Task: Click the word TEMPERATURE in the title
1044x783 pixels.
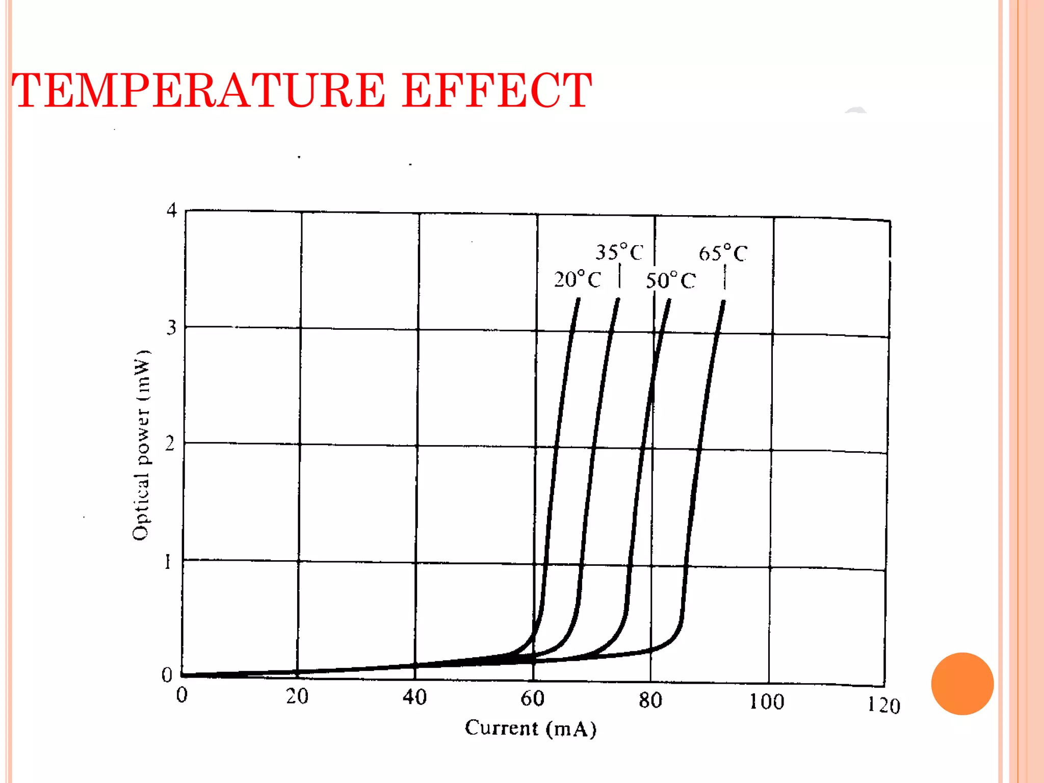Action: click(x=199, y=91)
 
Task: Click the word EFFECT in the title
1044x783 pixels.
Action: click(x=497, y=91)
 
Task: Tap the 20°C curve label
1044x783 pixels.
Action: click(x=578, y=279)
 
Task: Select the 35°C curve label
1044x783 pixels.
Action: click(x=619, y=252)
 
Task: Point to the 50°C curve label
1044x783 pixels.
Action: click(x=670, y=280)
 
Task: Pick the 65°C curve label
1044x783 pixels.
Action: click(x=723, y=253)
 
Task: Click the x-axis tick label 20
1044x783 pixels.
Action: click(x=297, y=696)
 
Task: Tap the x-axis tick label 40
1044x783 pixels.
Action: click(x=414, y=697)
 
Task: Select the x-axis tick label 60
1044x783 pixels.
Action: click(x=532, y=698)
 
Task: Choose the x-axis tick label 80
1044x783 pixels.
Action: click(x=650, y=700)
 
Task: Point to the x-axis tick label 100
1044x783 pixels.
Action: click(x=766, y=702)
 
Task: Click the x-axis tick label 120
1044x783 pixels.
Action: click(x=884, y=706)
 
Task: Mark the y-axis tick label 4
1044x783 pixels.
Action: click(x=172, y=210)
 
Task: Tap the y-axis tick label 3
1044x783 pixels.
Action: click(x=171, y=327)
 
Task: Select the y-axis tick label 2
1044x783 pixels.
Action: click(x=170, y=443)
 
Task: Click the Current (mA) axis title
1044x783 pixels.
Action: click(x=531, y=728)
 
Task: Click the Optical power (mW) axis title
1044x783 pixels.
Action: click(x=141, y=445)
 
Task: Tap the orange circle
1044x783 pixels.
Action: click(x=962, y=684)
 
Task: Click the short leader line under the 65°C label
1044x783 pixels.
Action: click(x=724, y=279)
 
